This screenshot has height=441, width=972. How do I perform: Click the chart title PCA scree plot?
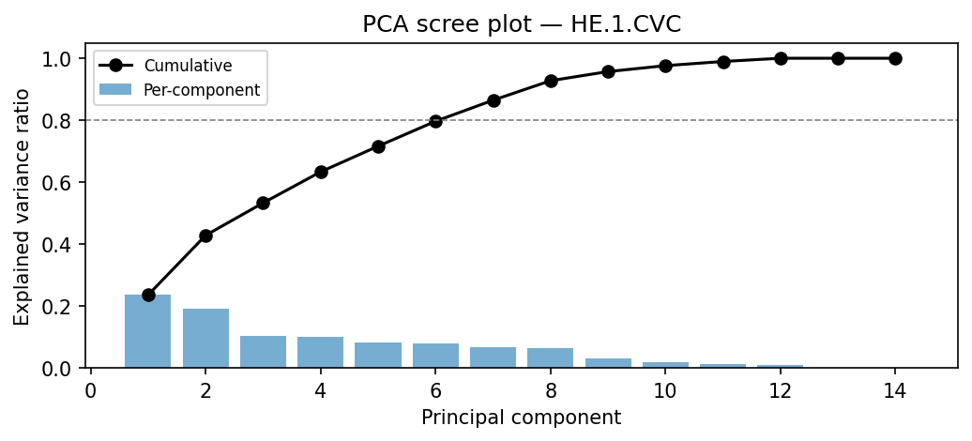click(522, 24)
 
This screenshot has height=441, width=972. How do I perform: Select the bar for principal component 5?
click(378, 355)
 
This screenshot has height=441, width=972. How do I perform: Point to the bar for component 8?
click(551, 357)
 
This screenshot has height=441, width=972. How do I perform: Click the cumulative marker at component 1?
click(148, 295)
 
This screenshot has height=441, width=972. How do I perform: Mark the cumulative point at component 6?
click(435, 121)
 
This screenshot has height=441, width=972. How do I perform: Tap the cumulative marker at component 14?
click(895, 58)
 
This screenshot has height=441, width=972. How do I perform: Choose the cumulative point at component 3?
click(263, 203)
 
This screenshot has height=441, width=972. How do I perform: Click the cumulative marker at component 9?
click(608, 71)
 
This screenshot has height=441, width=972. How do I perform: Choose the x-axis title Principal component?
click(521, 418)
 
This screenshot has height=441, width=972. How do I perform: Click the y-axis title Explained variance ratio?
click(22, 206)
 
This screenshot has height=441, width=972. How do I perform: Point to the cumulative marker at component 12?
click(781, 58)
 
